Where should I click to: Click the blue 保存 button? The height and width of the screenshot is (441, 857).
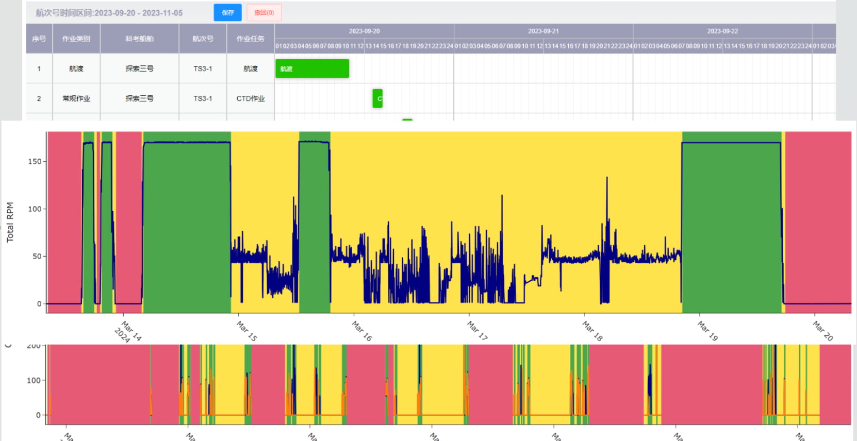click(x=227, y=13)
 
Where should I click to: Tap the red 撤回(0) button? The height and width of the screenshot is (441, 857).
click(x=264, y=13)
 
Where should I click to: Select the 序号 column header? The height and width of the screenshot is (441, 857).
click(x=39, y=39)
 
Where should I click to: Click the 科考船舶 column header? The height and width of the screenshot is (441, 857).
click(x=139, y=39)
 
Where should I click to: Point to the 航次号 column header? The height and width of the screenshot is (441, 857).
click(x=203, y=39)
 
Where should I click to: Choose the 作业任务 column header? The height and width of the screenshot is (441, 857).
click(x=251, y=39)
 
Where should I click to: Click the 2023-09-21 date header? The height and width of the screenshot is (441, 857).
click(x=543, y=31)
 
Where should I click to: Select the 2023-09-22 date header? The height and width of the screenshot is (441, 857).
click(x=722, y=31)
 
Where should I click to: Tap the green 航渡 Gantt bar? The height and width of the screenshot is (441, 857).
click(x=312, y=69)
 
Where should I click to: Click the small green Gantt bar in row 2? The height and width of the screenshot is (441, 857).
click(x=377, y=98)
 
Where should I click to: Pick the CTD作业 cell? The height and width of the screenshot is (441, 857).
click(x=251, y=98)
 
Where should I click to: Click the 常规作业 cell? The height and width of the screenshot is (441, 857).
click(x=76, y=98)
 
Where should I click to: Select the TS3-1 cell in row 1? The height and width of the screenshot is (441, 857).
click(x=203, y=69)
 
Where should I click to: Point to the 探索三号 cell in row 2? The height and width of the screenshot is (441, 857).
click(x=139, y=98)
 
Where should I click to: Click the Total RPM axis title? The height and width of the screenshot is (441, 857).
click(x=10, y=222)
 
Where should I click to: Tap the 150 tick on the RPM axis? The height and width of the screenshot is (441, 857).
click(x=35, y=161)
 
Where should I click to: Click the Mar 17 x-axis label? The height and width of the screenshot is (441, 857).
click(x=477, y=330)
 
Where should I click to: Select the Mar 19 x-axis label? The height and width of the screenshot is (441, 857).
click(x=707, y=330)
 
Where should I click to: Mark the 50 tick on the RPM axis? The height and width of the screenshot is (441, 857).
click(x=37, y=256)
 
